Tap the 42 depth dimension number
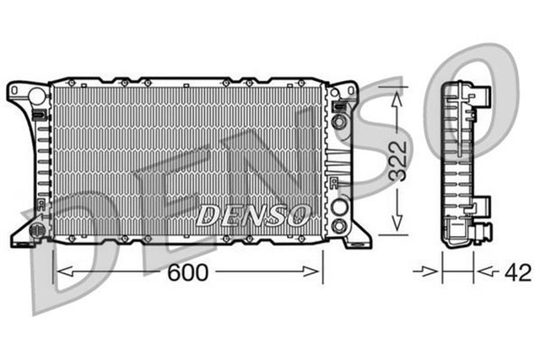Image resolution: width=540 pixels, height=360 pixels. [517, 272]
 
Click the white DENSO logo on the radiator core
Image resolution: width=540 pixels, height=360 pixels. [251, 216]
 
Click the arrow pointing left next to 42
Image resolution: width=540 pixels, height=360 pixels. [483, 271]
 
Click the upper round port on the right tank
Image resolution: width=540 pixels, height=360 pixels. [339, 122]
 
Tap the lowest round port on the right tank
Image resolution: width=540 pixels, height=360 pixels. [339, 225]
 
